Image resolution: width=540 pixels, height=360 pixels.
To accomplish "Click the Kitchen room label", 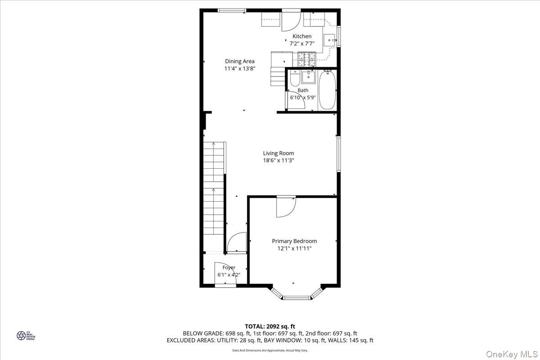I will pyautogui.click(x=301, y=36).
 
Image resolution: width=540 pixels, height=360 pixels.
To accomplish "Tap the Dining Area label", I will pyautogui.click(x=240, y=61).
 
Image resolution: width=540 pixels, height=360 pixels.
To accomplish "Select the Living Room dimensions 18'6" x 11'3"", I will pyautogui.click(x=279, y=160).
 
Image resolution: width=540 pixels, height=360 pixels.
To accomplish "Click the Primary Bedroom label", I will pyautogui.click(x=294, y=241).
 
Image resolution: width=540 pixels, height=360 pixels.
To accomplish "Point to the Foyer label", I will pyautogui.click(x=229, y=267).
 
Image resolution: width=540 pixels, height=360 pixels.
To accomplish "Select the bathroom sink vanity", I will pyautogui.click(x=309, y=77).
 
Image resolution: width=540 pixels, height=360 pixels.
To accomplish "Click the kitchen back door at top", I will pyautogui.click(x=290, y=21).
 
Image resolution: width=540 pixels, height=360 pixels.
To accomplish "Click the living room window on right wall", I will pyautogui.click(x=339, y=153).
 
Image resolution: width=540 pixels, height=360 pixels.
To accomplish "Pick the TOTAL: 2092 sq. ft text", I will pyautogui.click(x=270, y=326).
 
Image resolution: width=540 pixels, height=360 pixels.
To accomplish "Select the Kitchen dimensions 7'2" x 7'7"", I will pyautogui.click(x=301, y=44).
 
